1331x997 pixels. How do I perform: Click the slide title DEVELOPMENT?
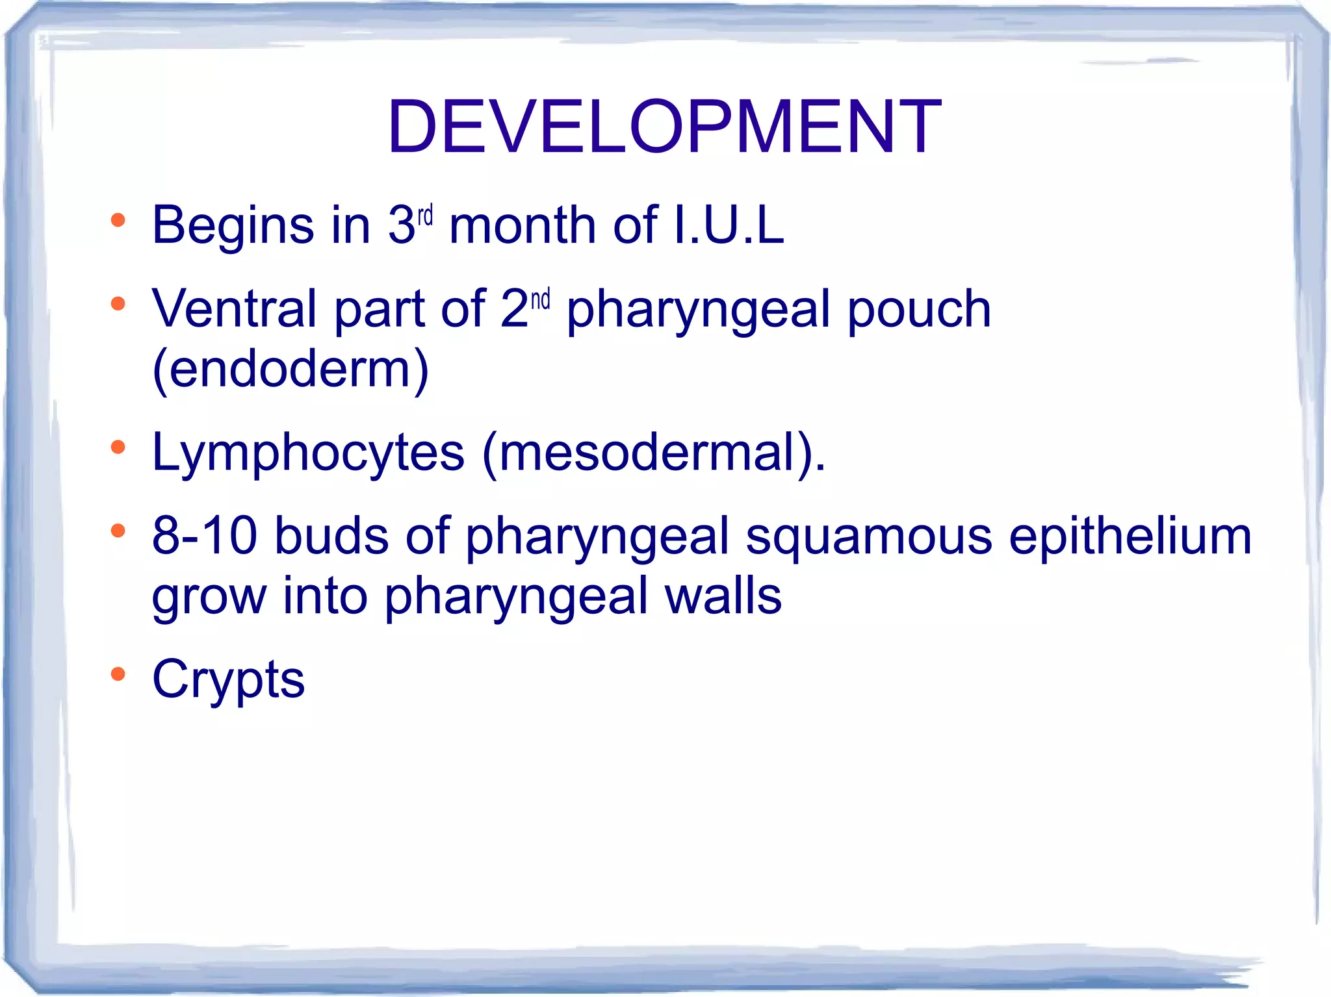(664, 127)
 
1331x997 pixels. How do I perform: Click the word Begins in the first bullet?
(233, 226)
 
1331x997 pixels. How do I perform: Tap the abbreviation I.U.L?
(729, 225)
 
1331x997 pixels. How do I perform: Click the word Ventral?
(234, 309)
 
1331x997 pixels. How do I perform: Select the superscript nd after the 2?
(540, 299)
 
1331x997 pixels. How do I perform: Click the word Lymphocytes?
(308, 453)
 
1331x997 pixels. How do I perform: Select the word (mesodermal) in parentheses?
(653, 453)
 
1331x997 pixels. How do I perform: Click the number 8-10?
(204, 536)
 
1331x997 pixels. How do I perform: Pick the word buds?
(331, 536)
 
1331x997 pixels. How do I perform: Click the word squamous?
(868, 537)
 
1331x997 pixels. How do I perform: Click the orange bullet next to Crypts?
(118, 674)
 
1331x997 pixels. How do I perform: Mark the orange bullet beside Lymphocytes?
(118, 447)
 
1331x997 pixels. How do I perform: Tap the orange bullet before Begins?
(118, 220)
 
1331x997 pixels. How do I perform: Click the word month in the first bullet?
(523, 226)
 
